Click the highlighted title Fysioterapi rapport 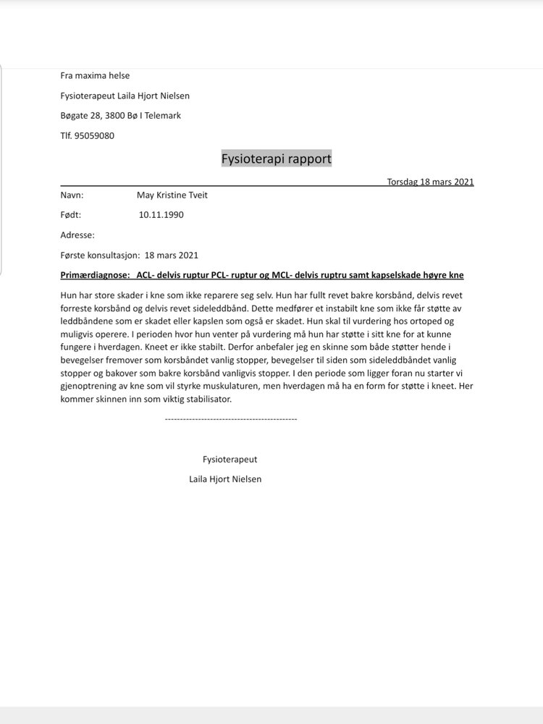pos(276,159)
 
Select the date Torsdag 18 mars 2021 pos(430,182)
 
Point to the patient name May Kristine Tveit pos(172,195)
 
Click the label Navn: pos(72,195)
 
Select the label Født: pos(71,215)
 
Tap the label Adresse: pos(77,235)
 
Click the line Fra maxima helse pos(95,75)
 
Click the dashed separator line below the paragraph pos(231,418)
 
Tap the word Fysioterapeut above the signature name pos(230,459)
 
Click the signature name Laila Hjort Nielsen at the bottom pos(225,479)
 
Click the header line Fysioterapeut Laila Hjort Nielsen pos(125,96)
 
